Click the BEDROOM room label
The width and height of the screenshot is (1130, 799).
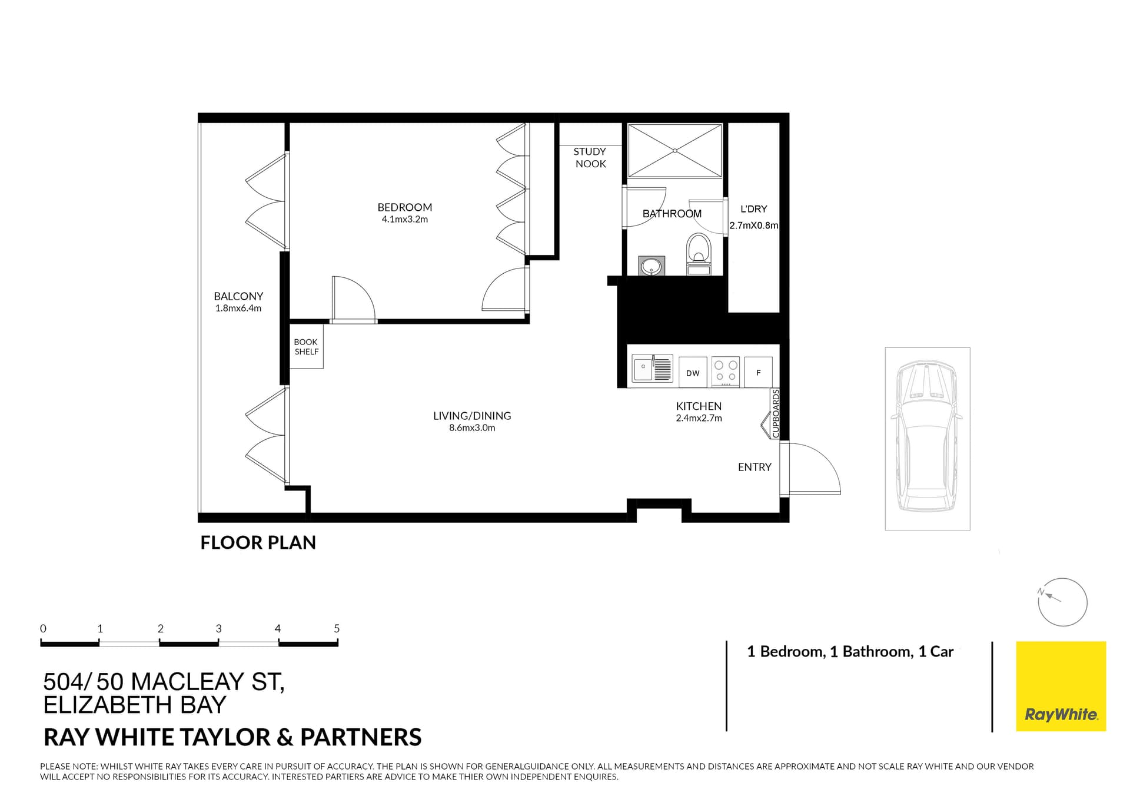(404, 207)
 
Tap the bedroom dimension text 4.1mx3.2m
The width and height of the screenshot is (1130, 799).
(404, 220)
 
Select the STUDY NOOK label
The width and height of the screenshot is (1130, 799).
(590, 158)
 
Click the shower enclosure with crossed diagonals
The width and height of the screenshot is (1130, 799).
(674, 151)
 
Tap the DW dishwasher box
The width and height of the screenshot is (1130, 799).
(693, 373)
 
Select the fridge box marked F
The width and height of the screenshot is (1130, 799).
(758, 372)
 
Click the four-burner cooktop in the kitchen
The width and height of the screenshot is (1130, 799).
(725, 372)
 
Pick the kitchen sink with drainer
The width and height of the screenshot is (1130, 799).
(652, 369)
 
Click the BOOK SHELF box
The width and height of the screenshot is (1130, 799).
(306, 347)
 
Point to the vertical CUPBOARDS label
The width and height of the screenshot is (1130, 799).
(776, 413)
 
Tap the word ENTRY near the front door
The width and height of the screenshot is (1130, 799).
(754, 467)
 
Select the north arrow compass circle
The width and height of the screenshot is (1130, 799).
(1062, 602)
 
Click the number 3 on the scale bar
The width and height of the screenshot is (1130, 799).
(218, 628)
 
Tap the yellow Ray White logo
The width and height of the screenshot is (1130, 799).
(1061, 686)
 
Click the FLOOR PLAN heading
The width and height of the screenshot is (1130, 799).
(258, 542)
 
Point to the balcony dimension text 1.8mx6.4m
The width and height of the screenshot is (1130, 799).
(238, 309)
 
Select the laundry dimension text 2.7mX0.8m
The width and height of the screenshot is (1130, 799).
(753, 226)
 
